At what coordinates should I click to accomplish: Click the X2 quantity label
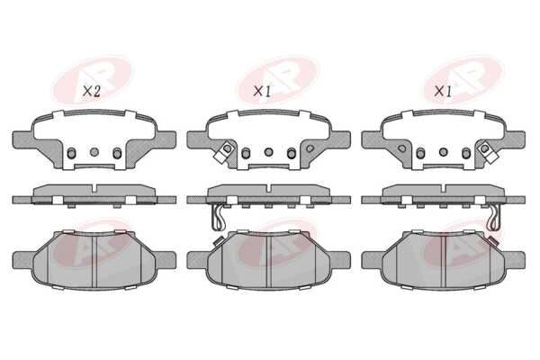click(91, 91)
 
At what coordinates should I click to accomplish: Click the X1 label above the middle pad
click(262, 91)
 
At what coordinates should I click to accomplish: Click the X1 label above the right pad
click(443, 91)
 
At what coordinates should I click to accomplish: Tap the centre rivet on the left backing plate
click(94, 151)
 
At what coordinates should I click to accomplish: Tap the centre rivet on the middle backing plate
click(268, 151)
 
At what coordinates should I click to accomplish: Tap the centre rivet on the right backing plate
click(443, 151)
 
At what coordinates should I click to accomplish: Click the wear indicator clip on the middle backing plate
click(223, 151)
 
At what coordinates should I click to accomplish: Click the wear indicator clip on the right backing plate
click(488, 151)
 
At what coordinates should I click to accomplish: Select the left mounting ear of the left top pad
click(22, 139)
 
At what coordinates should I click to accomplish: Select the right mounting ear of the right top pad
click(515, 139)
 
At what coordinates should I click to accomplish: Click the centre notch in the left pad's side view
click(94, 189)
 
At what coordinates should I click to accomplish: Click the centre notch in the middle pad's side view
click(268, 189)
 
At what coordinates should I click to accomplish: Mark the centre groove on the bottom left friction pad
click(94, 260)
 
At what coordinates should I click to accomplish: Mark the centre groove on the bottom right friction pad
click(444, 260)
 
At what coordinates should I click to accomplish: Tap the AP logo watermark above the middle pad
click(278, 80)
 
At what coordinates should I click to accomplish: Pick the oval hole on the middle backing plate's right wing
click(310, 148)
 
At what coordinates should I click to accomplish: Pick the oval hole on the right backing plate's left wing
click(401, 148)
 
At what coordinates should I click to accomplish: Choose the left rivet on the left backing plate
click(71, 153)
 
